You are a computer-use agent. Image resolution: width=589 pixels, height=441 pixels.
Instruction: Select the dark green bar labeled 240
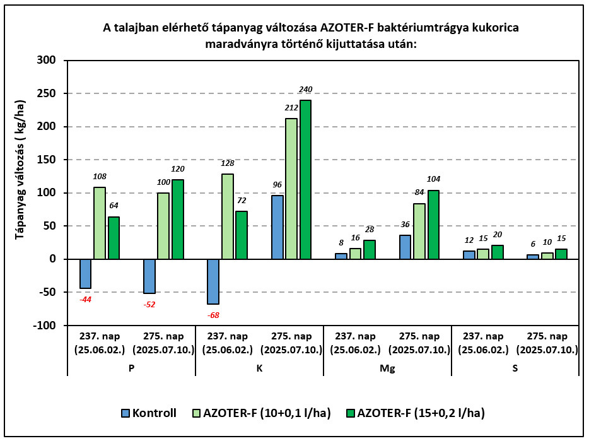pyautogui.click(x=305, y=180)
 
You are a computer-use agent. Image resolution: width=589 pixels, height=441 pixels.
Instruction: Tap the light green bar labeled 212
pyautogui.click(x=291, y=189)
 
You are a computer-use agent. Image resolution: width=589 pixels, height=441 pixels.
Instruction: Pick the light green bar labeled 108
pyautogui.click(x=100, y=223)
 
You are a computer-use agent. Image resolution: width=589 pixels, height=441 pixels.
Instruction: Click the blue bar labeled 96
pyautogui.click(x=277, y=227)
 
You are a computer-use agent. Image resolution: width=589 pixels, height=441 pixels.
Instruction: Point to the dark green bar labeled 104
pyautogui.click(x=433, y=225)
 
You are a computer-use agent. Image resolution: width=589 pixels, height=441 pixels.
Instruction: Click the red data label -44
pyautogui.click(x=85, y=299)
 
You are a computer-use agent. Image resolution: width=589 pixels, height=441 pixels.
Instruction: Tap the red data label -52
pyautogui.click(x=149, y=304)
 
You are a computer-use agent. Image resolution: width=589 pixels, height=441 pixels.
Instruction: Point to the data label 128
pyautogui.click(x=227, y=163)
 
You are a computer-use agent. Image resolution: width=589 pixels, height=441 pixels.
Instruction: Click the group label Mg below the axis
pyautogui.click(x=388, y=368)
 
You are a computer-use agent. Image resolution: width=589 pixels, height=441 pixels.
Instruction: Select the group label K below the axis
pyautogui.click(x=259, y=368)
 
